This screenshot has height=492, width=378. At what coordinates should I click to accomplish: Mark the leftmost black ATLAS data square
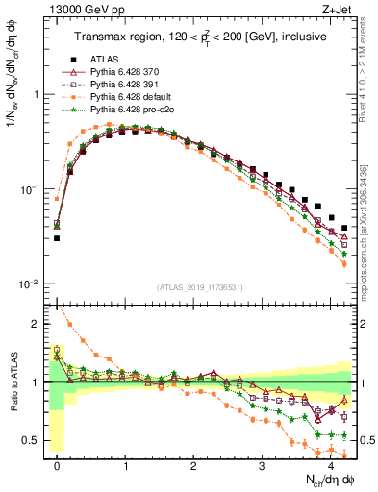(57, 237)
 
